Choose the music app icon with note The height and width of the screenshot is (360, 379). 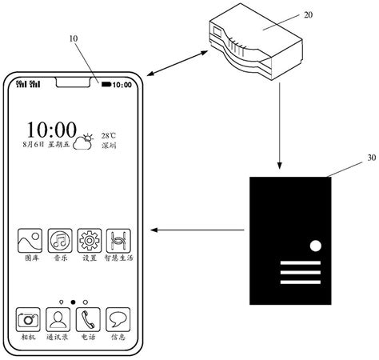point(60,240)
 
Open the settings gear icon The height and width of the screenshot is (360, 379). point(89,240)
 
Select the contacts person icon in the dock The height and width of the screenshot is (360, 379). point(59,319)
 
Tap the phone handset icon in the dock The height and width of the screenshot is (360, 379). point(89,319)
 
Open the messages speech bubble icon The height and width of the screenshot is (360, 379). point(118,319)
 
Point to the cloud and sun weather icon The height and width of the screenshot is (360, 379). point(84,142)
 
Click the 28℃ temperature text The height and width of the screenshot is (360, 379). point(109,136)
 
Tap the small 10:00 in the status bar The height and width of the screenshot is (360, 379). point(124,85)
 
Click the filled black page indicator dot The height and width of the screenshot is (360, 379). point(74,302)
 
